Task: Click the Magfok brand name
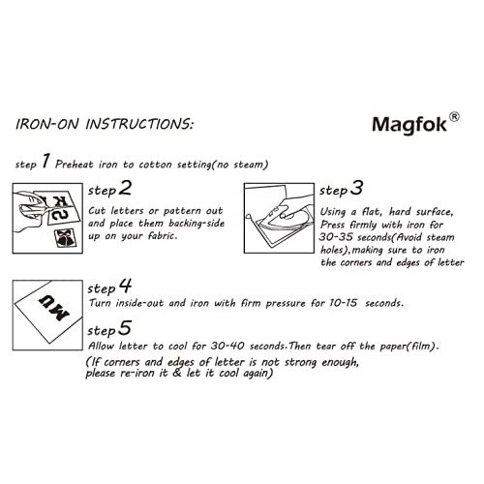coord(409,125)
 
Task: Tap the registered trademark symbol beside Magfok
coord(454,116)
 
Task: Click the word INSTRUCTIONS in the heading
coord(139,124)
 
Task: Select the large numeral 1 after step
coord(45,161)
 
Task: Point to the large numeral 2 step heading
coord(125,188)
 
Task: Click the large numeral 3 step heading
coord(356,188)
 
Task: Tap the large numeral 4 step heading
coord(125,286)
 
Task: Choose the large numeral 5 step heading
coord(125,328)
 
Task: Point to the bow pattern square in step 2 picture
coord(65,238)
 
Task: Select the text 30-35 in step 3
coord(336,237)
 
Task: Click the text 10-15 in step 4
coord(343,303)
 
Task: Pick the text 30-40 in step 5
coord(227,346)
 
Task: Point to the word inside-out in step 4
coord(139,303)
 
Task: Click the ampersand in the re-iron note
coord(177,373)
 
